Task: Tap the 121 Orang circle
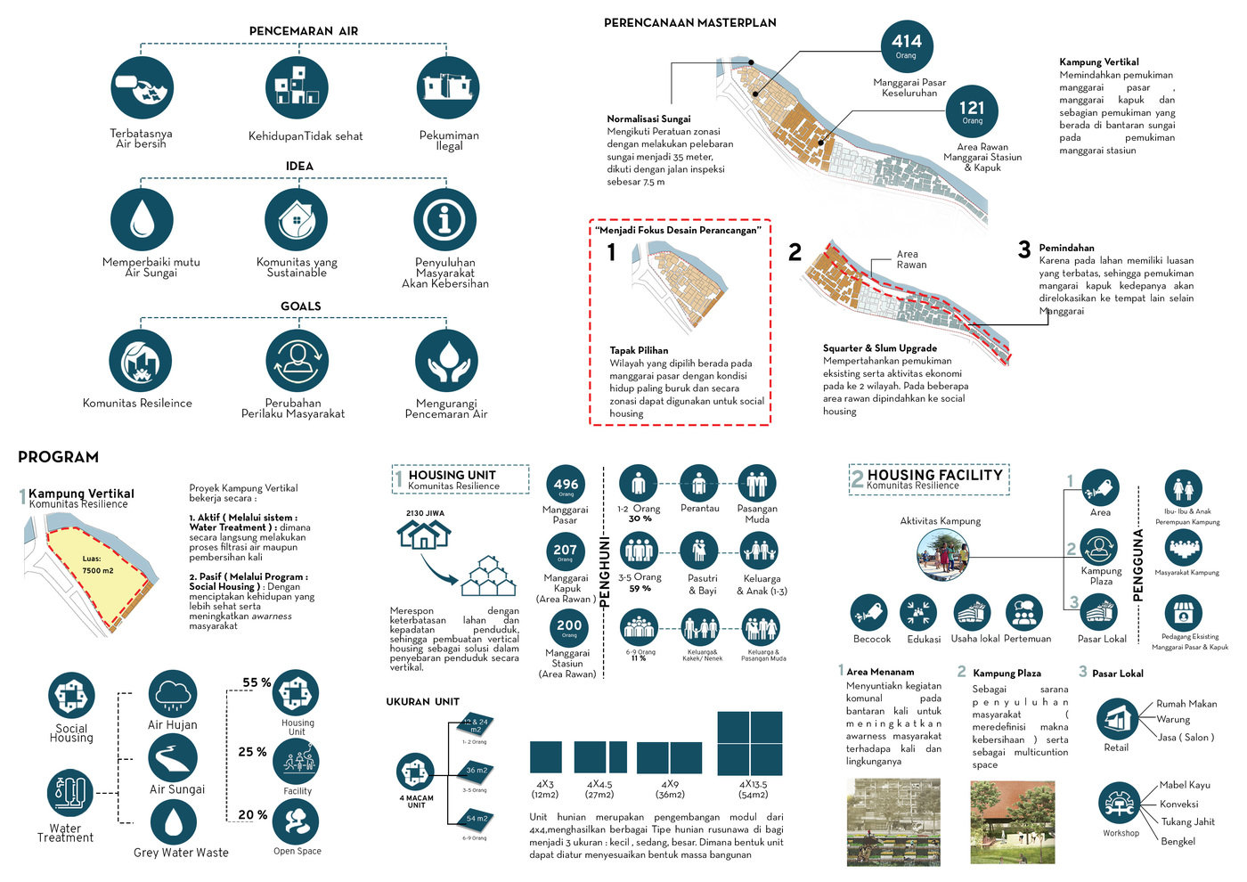pos(972,111)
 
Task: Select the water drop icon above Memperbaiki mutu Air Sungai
pos(142,219)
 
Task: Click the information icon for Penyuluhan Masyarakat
pos(444,219)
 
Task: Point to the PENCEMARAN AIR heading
pos(303,31)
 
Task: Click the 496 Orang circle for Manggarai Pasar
pos(566,486)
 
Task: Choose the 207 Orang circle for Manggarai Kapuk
pos(566,551)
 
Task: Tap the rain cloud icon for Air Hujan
pos(173,694)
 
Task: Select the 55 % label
pos(257,682)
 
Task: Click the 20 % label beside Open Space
pos(253,814)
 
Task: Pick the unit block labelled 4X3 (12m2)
pos(545,756)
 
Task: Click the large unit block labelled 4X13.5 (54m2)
pos(750,743)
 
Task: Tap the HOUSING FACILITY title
pos(934,476)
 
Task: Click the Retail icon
pos(1117,719)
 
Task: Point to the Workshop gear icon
pos(1120,804)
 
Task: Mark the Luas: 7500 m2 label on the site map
pos(97,565)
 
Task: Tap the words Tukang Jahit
pos(1187,822)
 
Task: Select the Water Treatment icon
pos(69,793)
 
